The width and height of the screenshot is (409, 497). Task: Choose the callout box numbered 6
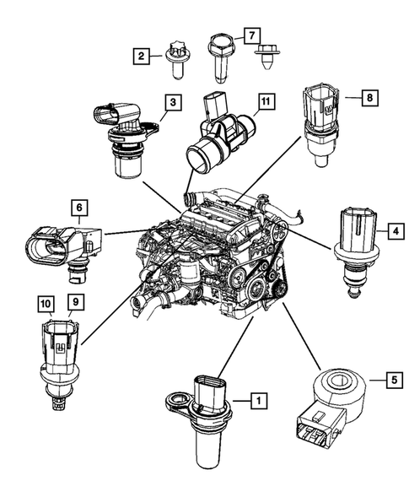tap(77, 207)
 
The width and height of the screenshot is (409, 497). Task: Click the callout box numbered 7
tap(250, 35)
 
